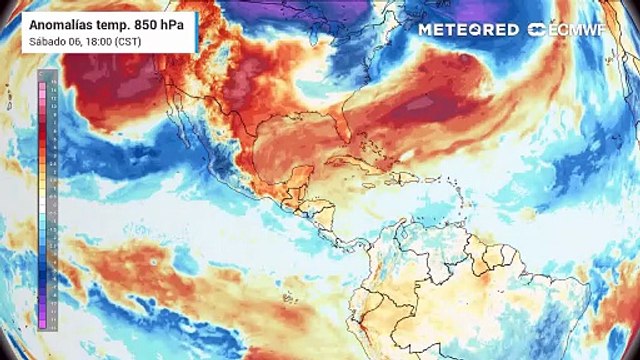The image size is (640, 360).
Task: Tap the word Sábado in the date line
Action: click(45, 41)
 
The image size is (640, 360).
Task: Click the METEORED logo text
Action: click(469, 30)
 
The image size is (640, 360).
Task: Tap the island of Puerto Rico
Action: click(431, 181)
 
